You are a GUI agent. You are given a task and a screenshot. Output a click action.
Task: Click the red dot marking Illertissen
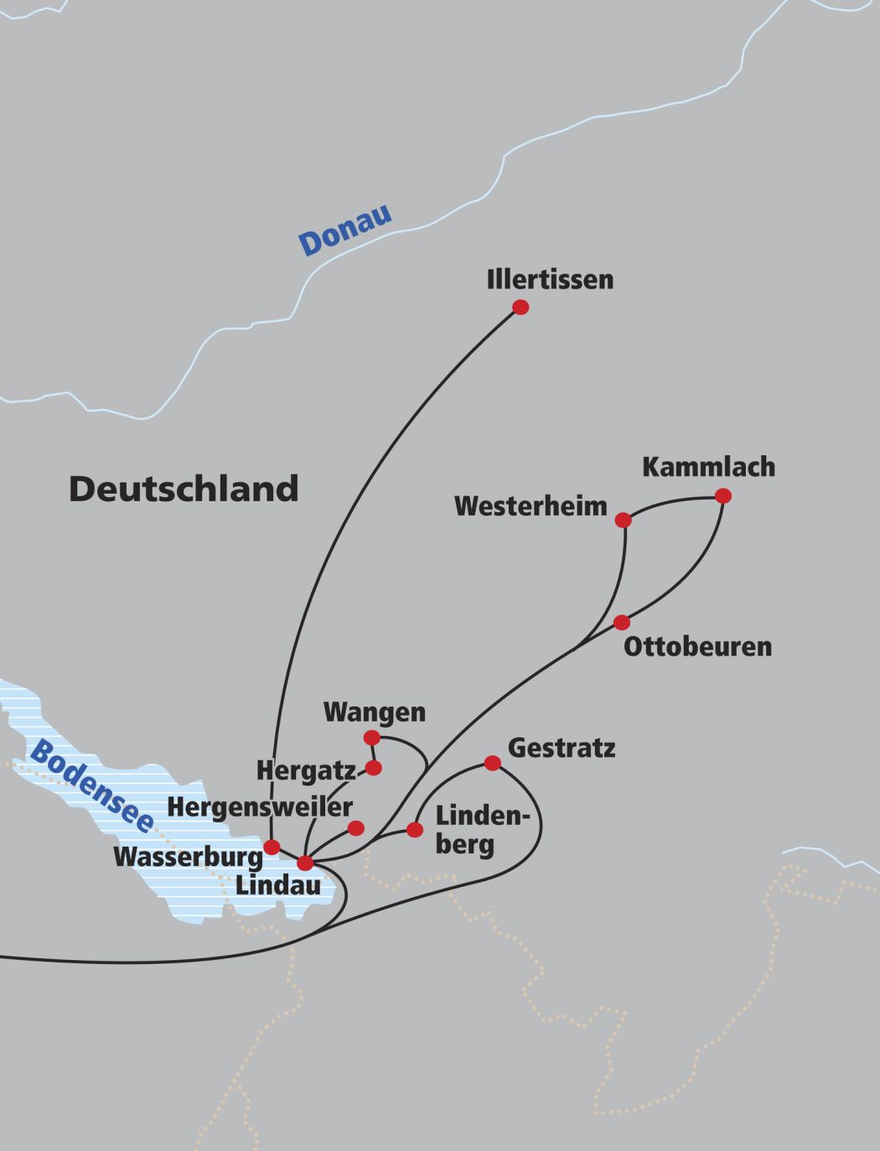click(x=520, y=308)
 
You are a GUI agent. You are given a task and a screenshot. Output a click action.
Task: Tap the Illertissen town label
click(x=550, y=279)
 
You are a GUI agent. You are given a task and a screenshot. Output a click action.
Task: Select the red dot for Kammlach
click(x=723, y=496)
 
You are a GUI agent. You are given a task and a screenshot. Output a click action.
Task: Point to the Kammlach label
click(x=708, y=467)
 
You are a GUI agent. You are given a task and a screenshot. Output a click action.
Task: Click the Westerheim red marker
click(x=623, y=521)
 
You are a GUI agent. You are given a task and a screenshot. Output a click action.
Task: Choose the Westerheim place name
click(x=531, y=506)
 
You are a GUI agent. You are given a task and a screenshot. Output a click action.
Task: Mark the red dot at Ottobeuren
click(x=621, y=623)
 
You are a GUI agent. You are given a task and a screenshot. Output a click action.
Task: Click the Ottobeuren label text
click(x=697, y=647)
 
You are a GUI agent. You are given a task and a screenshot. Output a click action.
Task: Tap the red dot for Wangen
click(x=371, y=738)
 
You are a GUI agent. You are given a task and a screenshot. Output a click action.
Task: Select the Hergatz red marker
click(x=374, y=768)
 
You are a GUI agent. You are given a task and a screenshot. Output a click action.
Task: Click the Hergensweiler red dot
click(x=356, y=828)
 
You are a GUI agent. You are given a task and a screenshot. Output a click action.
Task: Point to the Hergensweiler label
click(x=260, y=807)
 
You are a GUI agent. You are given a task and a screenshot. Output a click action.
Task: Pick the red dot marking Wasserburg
click(x=272, y=847)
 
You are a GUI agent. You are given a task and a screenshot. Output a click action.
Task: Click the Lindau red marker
click(x=305, y=863)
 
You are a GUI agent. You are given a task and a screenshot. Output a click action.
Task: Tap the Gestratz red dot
click(x=493, y=763)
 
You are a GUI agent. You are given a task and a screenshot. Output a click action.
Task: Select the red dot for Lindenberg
click(x=415, y=830)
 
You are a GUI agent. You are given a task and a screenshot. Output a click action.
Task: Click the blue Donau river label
click(x=345, y=230)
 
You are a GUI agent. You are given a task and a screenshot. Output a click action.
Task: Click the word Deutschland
click(x=184, y=489)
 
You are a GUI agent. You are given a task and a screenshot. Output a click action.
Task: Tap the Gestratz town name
click(x=562, y=747)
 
